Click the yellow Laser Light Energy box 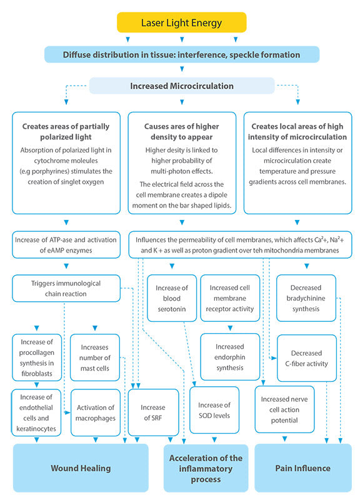click(181, 22)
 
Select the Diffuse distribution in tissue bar click(181, 54)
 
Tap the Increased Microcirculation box click(181, 86)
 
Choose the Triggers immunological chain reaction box click(65, 288)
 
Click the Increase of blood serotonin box click(171, 296)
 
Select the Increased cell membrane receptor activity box click(229, 299)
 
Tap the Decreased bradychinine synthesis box click(306, 297)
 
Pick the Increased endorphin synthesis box click(229, 357)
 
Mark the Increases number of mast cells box click(95, 358)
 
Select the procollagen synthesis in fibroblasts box click(37, 358)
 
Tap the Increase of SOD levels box click(214, 411)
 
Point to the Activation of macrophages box click(95, 412)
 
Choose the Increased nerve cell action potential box click(285, 409)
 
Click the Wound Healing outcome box click(81, 467)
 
